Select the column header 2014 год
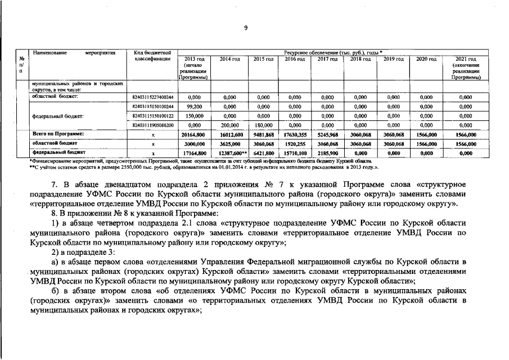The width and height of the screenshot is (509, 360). [x=229, y=59]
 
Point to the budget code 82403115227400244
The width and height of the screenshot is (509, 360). [x=152, y=97]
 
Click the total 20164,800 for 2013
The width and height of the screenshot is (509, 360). [x=193, y=134]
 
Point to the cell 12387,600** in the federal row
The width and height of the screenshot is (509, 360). [x=231, y=153]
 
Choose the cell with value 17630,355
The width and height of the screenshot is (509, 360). [x=295, y=134]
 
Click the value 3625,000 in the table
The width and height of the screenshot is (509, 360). [x=229, y=144]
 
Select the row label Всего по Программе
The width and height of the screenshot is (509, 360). [x=58, y=134]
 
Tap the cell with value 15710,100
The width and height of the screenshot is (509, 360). [x=295, y=153]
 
